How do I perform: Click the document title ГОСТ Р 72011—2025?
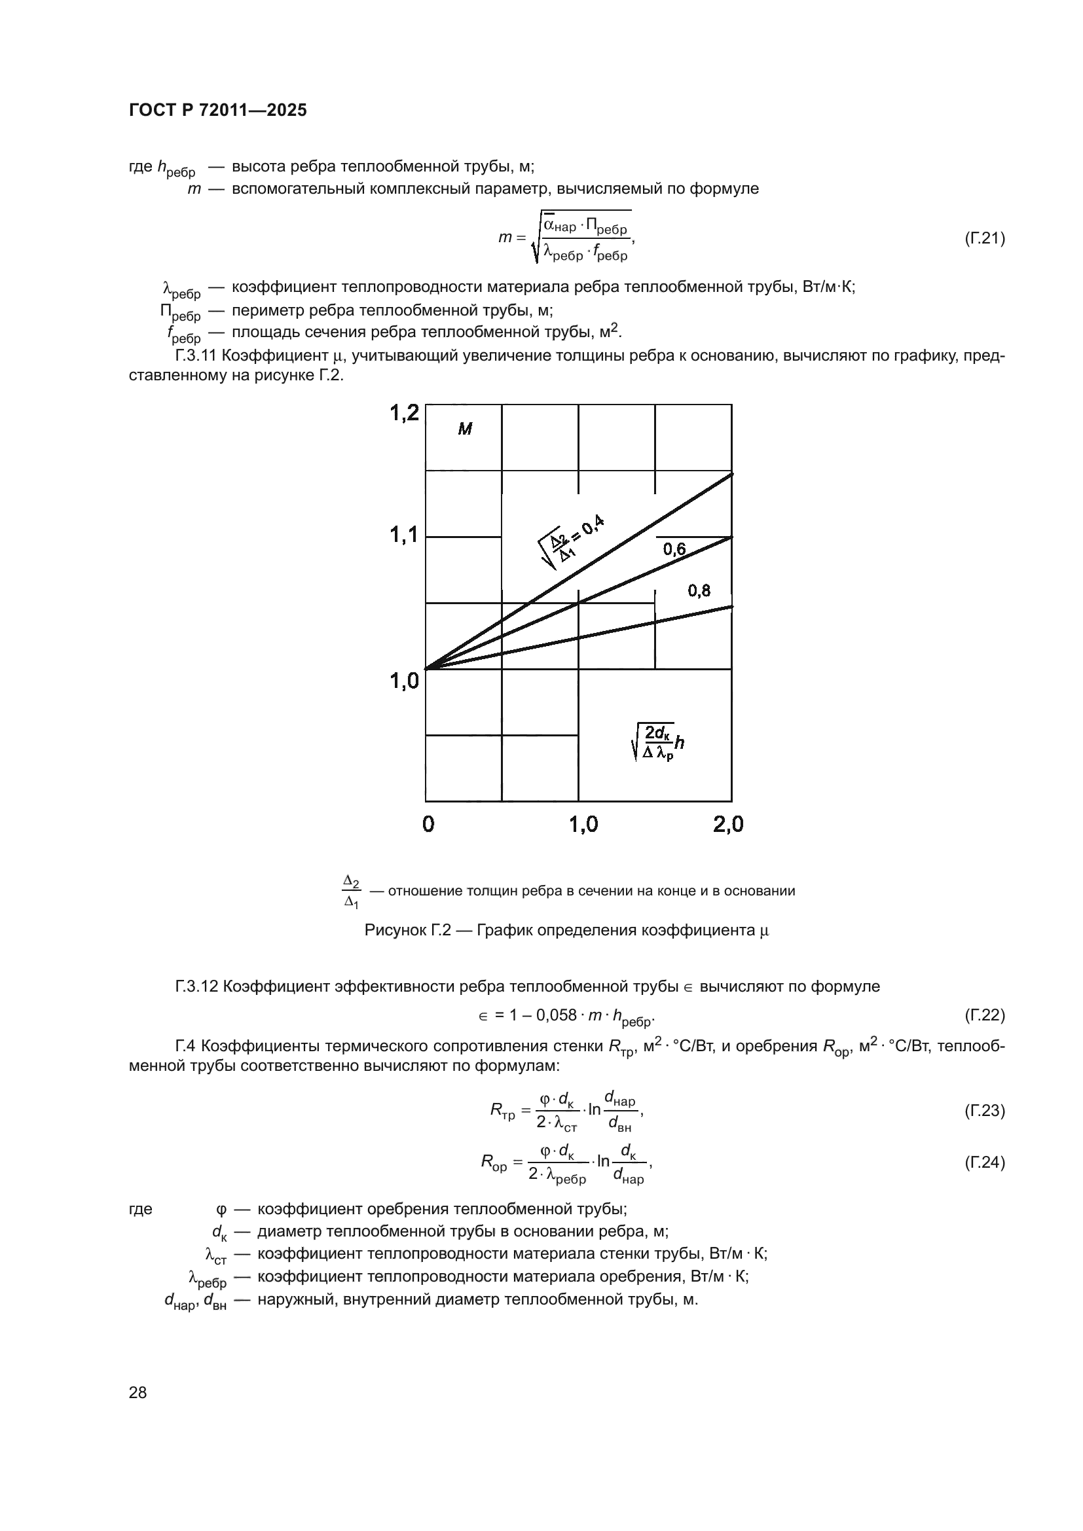click(x=217, y=111)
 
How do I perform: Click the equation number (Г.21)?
click(x=984, y=238)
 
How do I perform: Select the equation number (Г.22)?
click(x=984, y=1015)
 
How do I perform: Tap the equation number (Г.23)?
click(x=984, y=1110)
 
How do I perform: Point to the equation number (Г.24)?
click(x=984, y=1162)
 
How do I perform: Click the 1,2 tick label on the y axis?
click(x=404, y=414)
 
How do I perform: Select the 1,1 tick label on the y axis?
click(x=404, y=535)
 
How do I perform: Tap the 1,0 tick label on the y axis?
click(x=404, y=681)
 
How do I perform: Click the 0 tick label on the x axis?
click(x=428, y=825)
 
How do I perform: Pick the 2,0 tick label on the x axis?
click(x=727, y=825)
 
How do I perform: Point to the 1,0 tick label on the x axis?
click(x=583, y=825)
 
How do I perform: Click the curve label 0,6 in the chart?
click(x=674, y=549)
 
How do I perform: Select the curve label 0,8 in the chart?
click(x=699, y=590)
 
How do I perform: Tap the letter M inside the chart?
click(x=465, y=429)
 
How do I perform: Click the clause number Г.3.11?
click(x=196, y=355)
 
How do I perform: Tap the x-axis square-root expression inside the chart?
click(x=658, y=742)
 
